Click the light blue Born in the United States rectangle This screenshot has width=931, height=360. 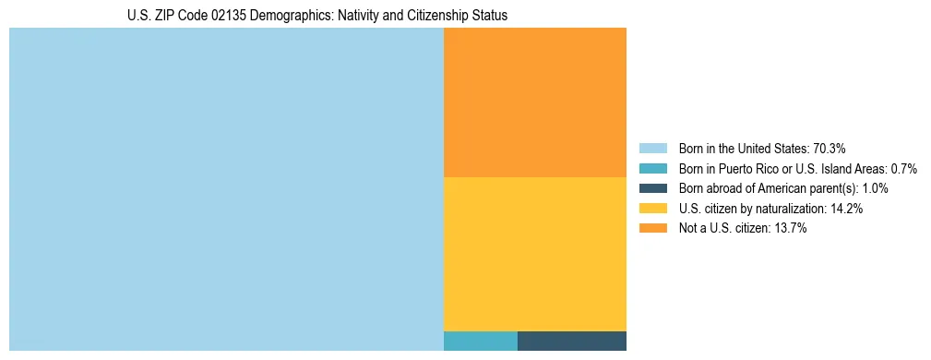(x=226, y=189)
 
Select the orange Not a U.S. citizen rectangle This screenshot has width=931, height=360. (x=535, y=102)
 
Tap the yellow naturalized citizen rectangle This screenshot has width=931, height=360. (x=535, y=253)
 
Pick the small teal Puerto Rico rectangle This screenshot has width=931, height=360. (x=480, y=341)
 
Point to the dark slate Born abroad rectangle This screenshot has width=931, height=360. (x=572, y=341)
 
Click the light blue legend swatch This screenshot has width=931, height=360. (x=652, y=149)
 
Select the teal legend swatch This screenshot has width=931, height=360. (x=652, y=169)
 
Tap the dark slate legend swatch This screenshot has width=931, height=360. (x=652, y=188)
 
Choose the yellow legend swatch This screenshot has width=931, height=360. (x=652, y=209)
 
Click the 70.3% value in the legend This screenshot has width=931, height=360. (x=830, y=149)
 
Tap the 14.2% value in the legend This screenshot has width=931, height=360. (x=846, y=209)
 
